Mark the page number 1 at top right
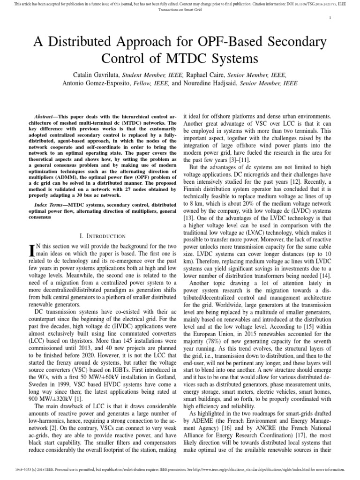point(330,18)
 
